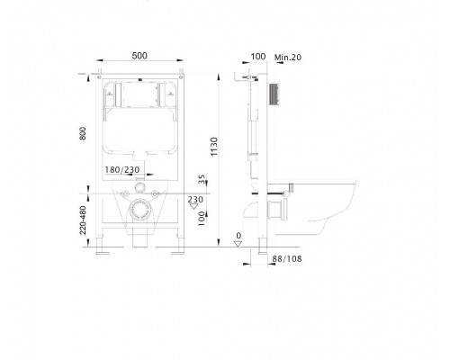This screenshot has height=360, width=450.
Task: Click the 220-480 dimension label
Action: pos(84,220)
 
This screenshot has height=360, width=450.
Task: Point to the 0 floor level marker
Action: pos(237,237)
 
